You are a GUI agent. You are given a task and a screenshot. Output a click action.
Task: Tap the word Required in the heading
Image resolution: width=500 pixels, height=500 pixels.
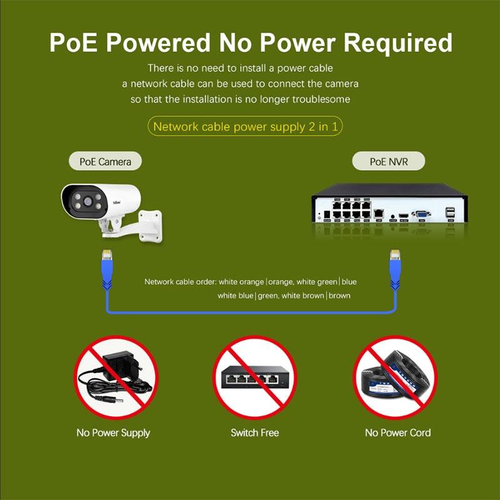coord(397,42)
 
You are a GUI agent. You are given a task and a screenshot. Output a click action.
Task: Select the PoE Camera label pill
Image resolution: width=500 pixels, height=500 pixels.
coord(105,162)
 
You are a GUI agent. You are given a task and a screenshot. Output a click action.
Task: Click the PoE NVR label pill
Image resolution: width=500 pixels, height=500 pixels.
coord(388,162)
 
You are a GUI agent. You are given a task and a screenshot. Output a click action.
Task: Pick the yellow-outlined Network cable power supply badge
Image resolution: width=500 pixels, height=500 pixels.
coord(246,127)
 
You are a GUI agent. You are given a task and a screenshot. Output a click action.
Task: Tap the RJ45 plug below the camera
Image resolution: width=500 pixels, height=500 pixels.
coord(104,256)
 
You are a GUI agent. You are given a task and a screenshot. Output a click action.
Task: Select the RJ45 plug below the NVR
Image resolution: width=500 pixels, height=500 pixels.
coord(395,256)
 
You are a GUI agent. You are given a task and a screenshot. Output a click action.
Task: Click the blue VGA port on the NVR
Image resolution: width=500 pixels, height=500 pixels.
coord(422,214)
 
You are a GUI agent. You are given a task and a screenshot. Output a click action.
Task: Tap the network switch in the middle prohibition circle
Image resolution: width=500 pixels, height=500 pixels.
coord(254,378)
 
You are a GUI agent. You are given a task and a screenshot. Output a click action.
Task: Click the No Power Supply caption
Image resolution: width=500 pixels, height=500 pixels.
coord(113,432)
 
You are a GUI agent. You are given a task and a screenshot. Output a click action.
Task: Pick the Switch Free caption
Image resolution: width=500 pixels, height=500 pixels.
coord(254,432)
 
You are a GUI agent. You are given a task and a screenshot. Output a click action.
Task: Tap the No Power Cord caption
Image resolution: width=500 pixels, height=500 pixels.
coord(397,432)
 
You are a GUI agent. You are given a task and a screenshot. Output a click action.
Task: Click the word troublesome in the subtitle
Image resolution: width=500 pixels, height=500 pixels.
coord(321,99)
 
